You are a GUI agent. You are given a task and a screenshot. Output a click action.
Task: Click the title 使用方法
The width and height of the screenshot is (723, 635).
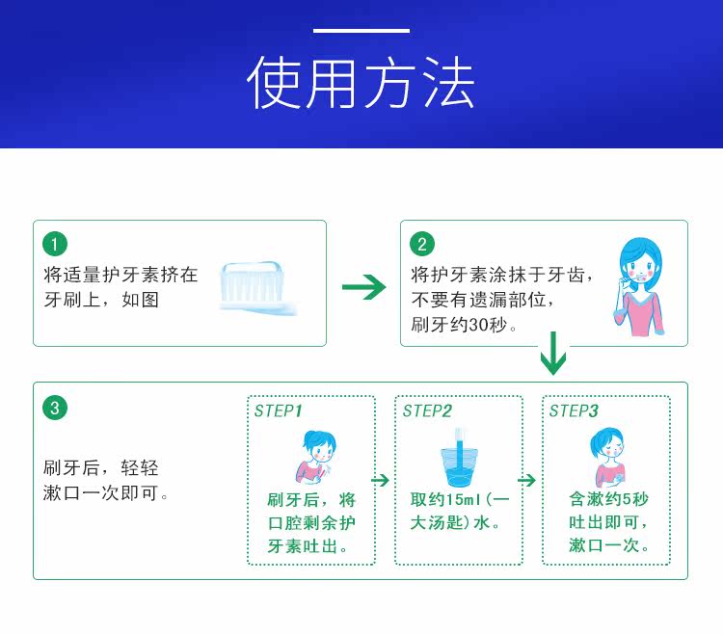[361, 83]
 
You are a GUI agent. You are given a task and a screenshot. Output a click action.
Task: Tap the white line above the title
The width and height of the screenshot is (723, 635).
[361, 31]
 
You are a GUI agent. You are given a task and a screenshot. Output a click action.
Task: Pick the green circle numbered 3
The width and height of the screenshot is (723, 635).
[55, 409]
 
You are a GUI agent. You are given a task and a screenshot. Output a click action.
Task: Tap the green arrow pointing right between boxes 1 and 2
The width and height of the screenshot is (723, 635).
[363, 286]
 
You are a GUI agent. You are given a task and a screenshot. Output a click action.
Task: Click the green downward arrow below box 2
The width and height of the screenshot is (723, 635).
[553, 354]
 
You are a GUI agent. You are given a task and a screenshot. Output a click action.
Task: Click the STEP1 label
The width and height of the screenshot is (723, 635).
[279, 411]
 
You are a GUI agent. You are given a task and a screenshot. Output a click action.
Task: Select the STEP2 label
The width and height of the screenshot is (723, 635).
[427, 411]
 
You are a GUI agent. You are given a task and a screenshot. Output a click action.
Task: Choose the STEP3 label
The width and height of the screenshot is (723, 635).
[574, 411]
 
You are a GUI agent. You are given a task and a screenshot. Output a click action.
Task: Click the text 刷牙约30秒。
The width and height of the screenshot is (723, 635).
[465, 325]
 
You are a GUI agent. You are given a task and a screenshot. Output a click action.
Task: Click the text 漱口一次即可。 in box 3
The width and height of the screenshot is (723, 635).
[107, 493]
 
